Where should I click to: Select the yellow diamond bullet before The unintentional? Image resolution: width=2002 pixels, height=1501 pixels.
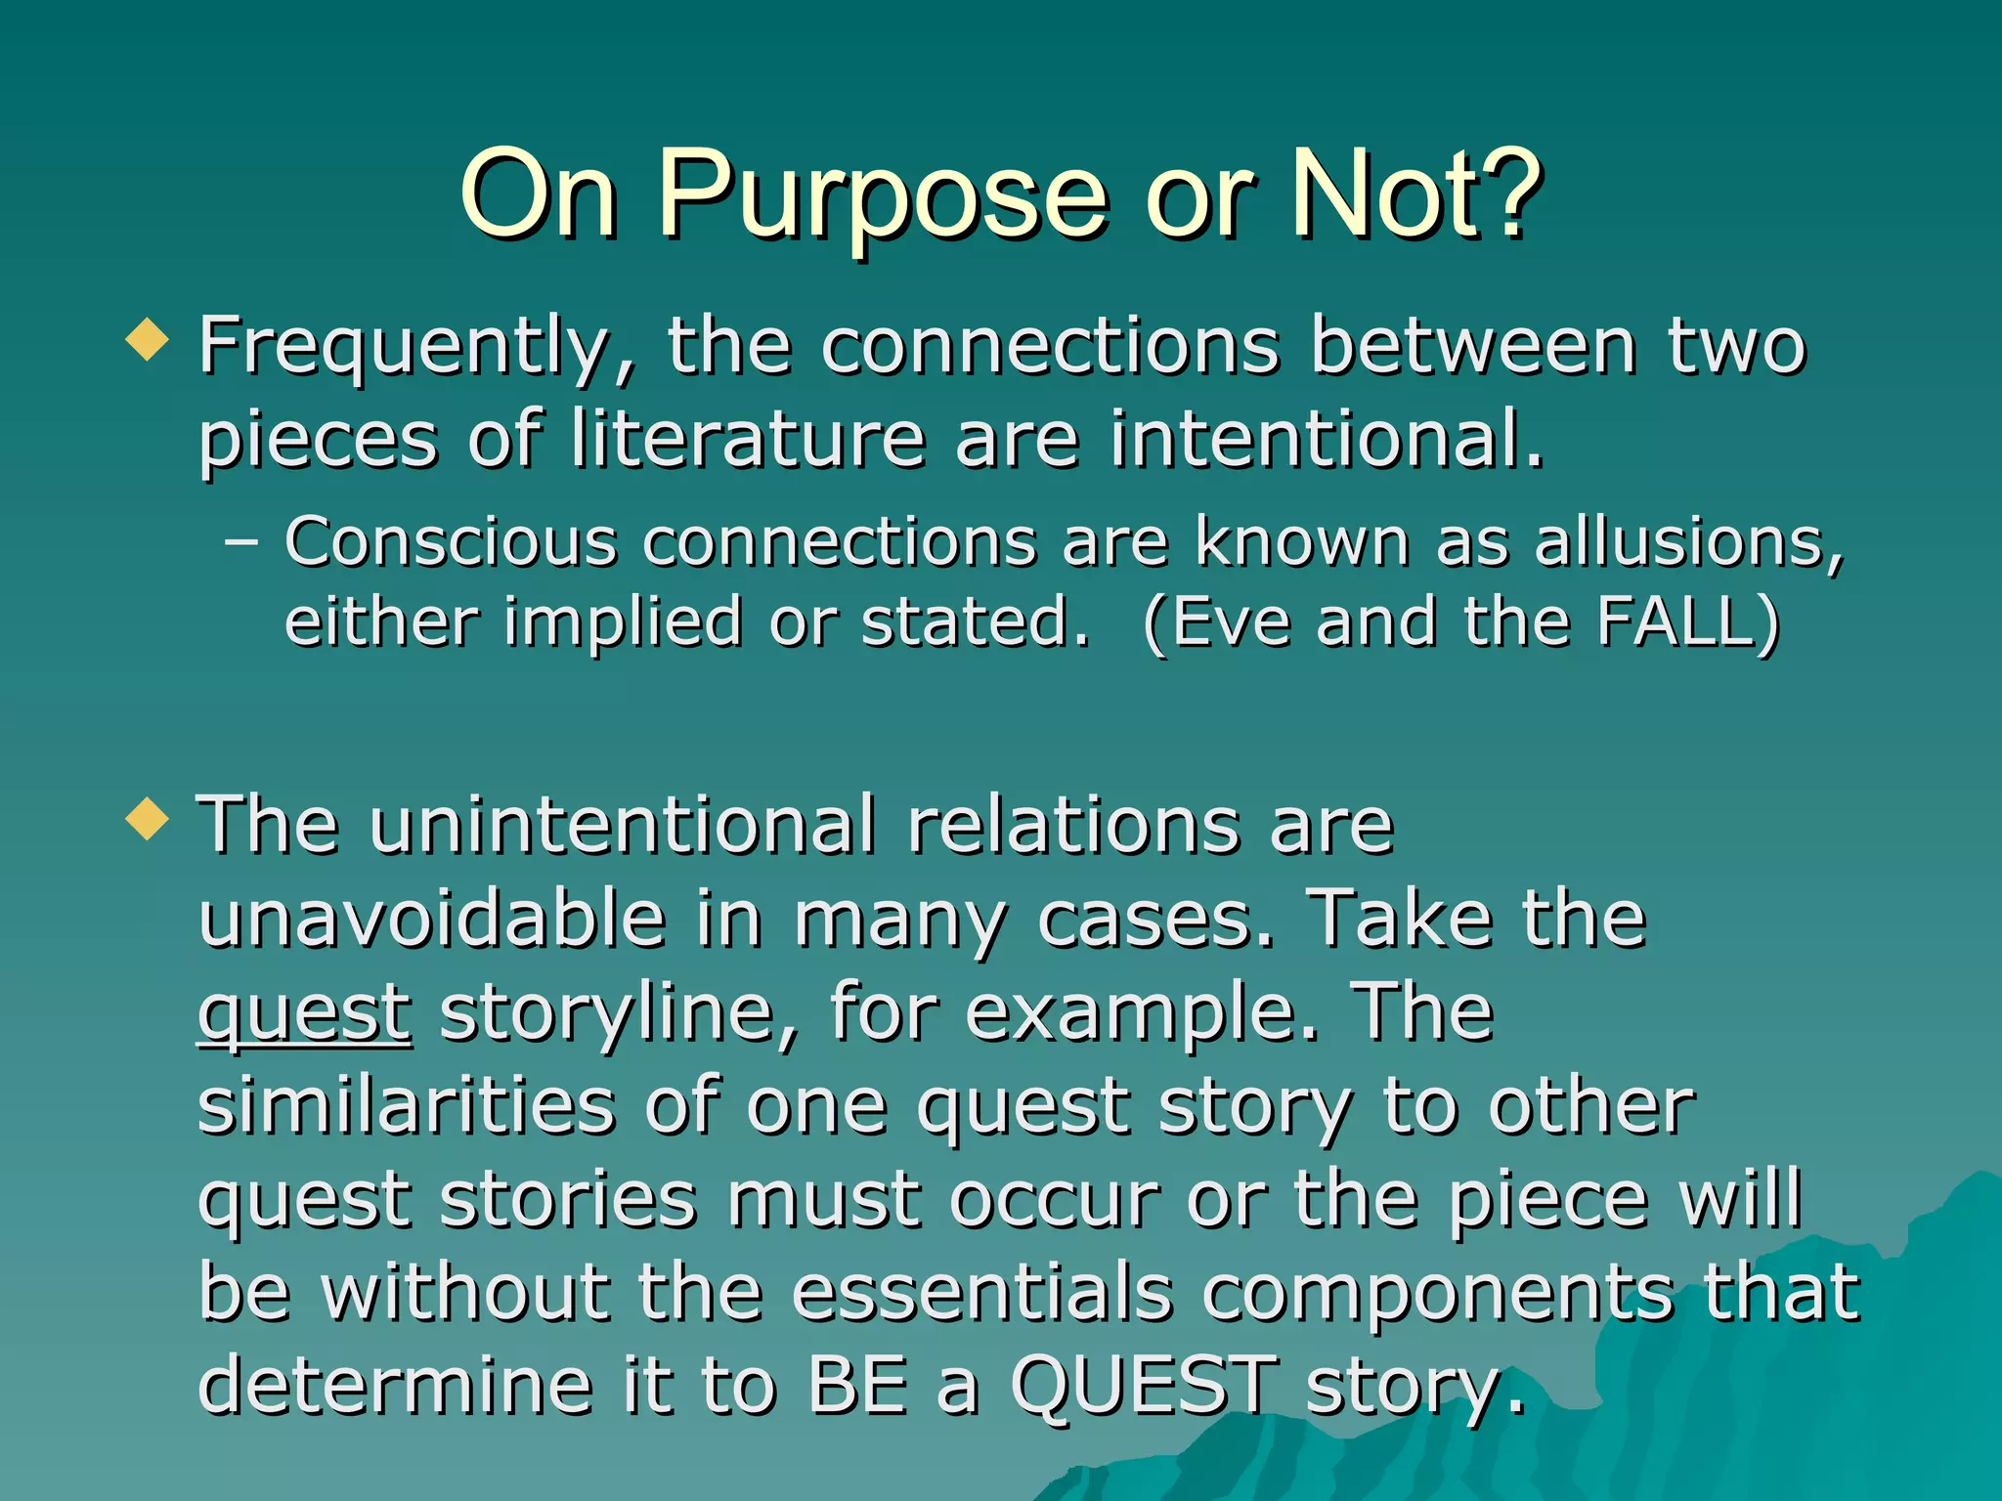pyautogui.click(x=148, y=818)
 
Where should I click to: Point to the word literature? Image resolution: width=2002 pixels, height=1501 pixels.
pyautogui.click(x=748, y=439)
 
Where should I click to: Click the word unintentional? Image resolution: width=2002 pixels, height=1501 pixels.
pyautogui.click(x=624, y=825)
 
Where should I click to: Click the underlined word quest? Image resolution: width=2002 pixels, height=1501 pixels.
pyautogui.click(x=305, y=1013)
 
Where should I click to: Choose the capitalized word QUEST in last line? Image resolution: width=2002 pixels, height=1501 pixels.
pyautogui.click(x=1144, y=1386)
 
